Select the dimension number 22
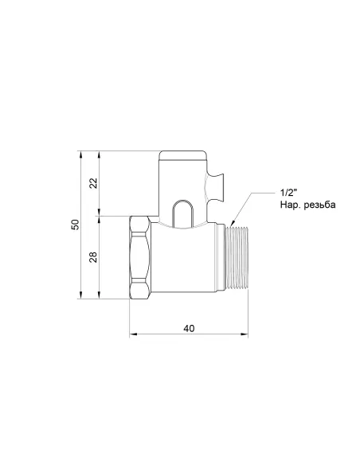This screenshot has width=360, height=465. [93, 182]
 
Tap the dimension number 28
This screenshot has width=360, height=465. [93, 256]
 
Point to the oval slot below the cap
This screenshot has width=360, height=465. [182, 211]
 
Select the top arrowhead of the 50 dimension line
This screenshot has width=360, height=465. [82, 151]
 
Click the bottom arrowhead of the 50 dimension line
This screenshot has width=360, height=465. [82, 298]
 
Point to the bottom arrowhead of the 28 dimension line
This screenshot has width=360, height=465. [100, 298]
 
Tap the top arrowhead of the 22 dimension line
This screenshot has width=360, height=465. [100, 151]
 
